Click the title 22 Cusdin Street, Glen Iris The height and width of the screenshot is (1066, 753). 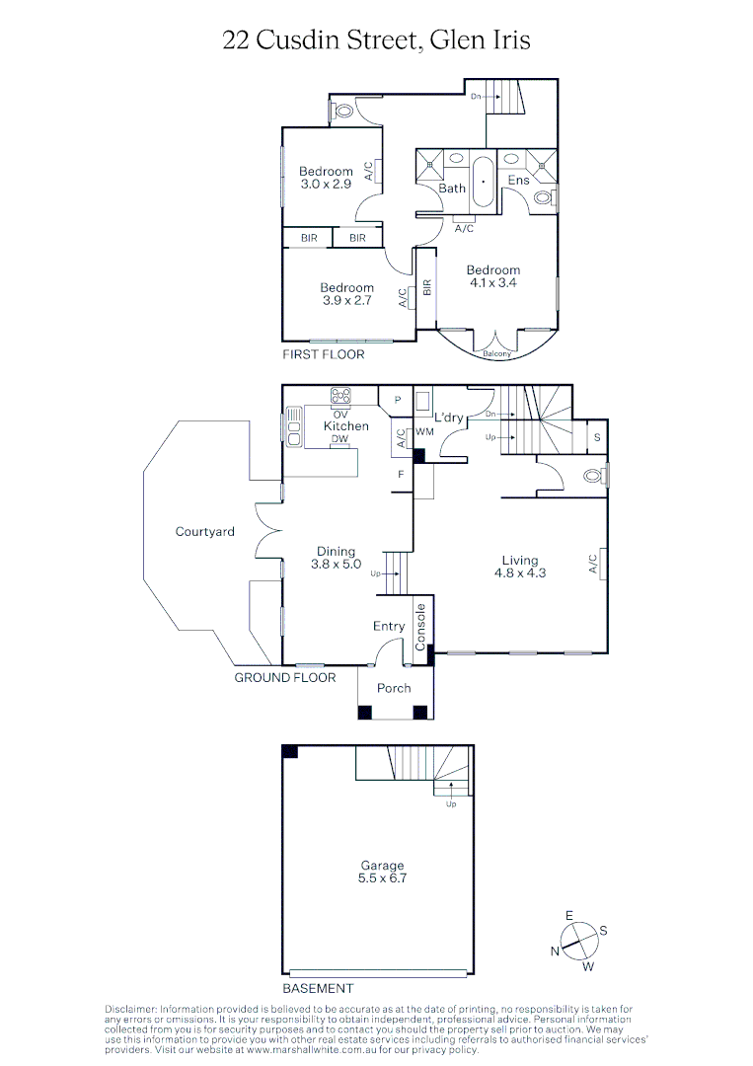[376, 39]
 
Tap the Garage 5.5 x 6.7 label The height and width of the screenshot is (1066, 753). [381, 872]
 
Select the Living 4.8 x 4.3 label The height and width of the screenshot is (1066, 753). [519, 566]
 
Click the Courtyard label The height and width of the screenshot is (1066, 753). [204, 532]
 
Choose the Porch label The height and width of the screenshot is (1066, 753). [394, 688]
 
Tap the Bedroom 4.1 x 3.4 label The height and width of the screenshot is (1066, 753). [492, 276]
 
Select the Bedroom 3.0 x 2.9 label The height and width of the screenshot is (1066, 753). [326, 178]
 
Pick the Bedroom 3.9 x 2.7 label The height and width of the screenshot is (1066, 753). [346, 294]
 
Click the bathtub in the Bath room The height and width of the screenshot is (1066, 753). [483, 183]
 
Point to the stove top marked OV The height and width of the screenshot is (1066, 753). [341, 396]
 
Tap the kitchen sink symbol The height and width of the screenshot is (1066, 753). [294, 426]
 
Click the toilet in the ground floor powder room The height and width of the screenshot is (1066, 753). [594, 476]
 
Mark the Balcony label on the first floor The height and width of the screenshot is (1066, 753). [496, 354]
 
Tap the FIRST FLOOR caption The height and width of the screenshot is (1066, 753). [323, 354]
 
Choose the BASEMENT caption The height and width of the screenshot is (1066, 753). [318, 988]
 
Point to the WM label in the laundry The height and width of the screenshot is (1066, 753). [425, 432]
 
